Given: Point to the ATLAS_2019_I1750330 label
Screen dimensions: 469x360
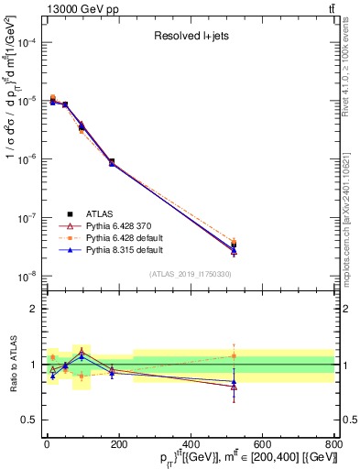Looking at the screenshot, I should (x=191, y=273).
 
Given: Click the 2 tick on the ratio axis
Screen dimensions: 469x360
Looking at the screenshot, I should (x=35, y=309).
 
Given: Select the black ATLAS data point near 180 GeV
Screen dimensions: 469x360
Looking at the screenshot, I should (x=112, y=161).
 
